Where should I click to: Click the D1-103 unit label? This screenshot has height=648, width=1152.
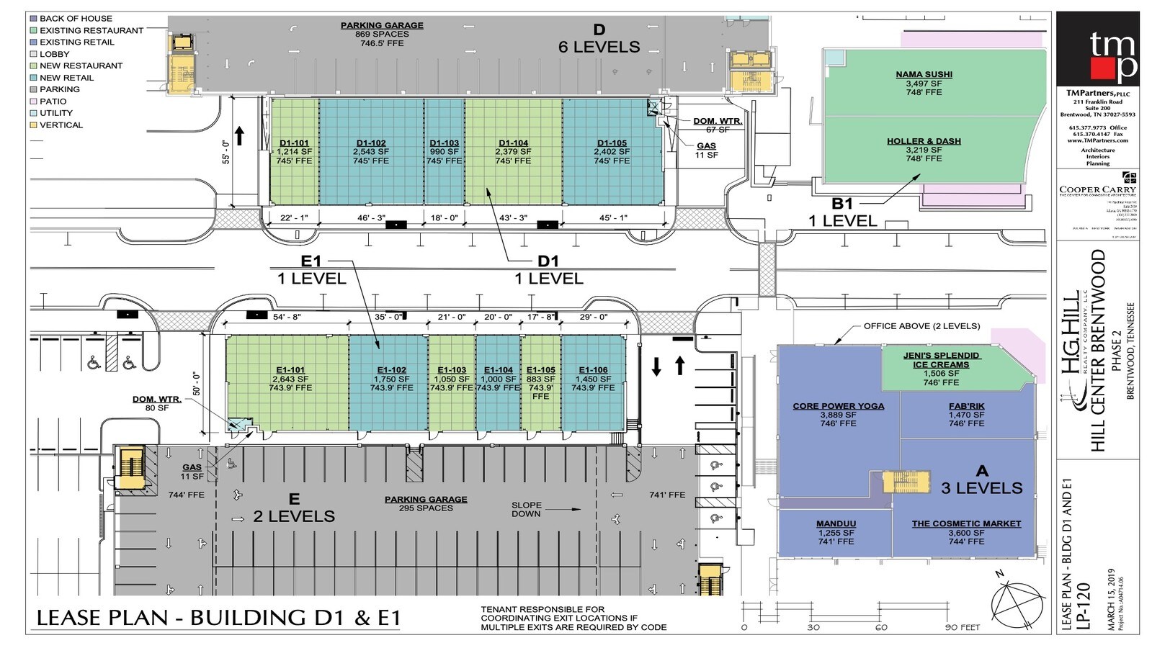pyautogui.click(x=444, y=143)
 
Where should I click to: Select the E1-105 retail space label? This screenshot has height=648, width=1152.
pyautogui.click(x=541, y=370)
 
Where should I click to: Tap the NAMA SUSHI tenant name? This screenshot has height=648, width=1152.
pyautogui.click(x=924, y=74)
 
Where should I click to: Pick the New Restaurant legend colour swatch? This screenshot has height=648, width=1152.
pyautogui.click(x=33, y=66)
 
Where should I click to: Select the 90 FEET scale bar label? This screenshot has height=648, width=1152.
pyautogui.click(x=963, y=627)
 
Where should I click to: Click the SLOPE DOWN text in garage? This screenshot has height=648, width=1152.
pyautogui.click(x=527, y=509)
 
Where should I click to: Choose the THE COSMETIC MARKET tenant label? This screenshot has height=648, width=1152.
pyautogui.click(x=966, y=523)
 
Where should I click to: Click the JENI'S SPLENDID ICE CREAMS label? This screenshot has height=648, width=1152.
pyautogui.click(x=941, y=360)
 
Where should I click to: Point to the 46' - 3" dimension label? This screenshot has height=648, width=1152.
pyautogui.click(x=371, y=217)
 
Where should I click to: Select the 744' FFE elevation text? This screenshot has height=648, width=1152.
pyautogui.click(x=186, y=495)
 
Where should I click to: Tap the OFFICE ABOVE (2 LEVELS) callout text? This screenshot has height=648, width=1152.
pyautogui.click(x=921, y=326)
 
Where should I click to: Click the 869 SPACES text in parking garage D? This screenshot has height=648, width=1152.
pyautogui.click(x=382, y=34)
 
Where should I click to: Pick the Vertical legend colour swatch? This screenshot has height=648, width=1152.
pyautogui.click(x=33, y=125)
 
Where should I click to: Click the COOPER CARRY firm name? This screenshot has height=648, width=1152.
pyautogui.click(x=1097, y=190)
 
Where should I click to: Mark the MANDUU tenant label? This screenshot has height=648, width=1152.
pyautogui.click(x=836, y=523)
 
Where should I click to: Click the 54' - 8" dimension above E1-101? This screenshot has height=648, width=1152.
pyautogui.click(x=287, y=317)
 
